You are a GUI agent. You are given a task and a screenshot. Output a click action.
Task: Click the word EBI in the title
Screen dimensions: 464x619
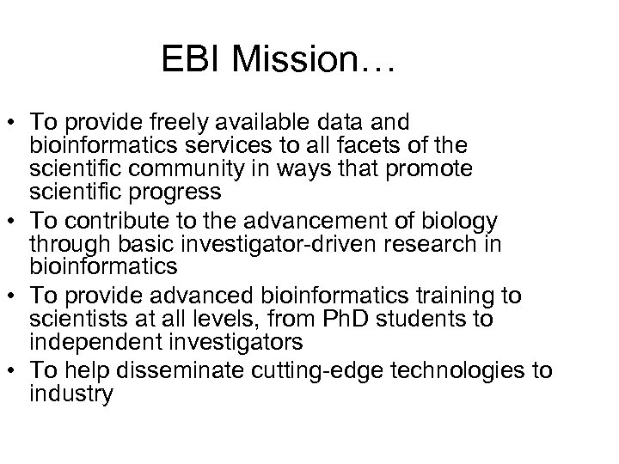192,61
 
